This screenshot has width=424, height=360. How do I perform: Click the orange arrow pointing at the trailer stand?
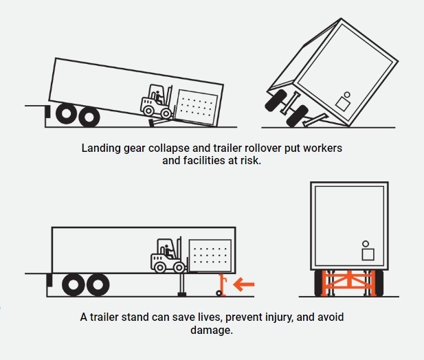click(244, 284)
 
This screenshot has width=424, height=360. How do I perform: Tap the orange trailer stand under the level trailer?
click(222, 285)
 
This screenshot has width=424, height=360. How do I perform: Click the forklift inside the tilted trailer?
click(157, 102)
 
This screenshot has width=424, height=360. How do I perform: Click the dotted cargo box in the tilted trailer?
click(197, 107)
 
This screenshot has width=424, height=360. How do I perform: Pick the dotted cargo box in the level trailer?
click(210, 256)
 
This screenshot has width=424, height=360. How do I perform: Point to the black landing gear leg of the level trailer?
click(182, 285)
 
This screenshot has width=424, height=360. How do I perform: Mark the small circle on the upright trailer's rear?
click(366, 244)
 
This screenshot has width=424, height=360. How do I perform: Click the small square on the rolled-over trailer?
click(343, 104)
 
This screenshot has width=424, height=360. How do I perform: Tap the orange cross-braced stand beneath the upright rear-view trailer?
click(349, 283)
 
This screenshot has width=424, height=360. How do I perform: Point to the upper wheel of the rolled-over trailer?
click(276, 100)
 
